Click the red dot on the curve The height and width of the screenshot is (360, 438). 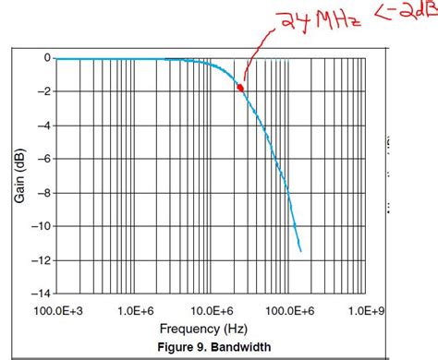point(240,88)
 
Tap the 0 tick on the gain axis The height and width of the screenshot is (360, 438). point(45,58)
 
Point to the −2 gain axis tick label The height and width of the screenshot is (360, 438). point(42,91)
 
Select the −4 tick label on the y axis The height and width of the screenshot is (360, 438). point(42,126)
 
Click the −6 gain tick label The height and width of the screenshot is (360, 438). point(42,159)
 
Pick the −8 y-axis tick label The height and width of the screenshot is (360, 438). point(42,192)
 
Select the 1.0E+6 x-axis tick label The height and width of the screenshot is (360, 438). point(135,310)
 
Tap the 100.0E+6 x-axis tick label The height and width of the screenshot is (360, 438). point(292,310)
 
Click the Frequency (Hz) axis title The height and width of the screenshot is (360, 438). point(204,329)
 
